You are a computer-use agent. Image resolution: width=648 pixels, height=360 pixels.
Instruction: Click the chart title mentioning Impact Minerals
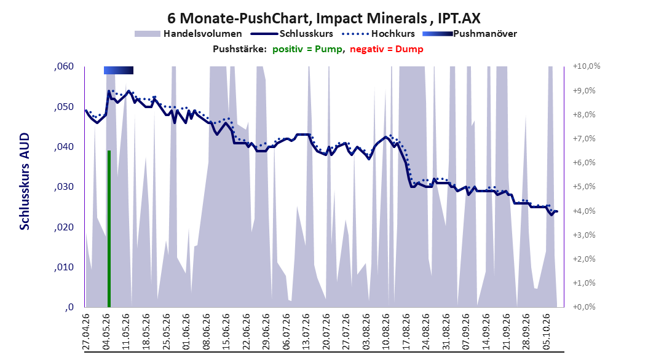click(323, 18)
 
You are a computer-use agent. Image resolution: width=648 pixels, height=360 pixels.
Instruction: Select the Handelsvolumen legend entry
click(188, 34)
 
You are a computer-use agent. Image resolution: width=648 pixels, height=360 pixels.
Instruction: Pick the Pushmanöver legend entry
click(470, 34)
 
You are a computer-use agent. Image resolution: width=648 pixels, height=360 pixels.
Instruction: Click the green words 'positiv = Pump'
click(307, 49)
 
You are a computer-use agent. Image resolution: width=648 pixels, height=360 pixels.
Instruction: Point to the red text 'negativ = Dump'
click(387, 49)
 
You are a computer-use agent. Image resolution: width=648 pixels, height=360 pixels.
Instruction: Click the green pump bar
click(109, 229)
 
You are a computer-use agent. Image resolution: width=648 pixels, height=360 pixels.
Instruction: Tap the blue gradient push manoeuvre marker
click(119, 70)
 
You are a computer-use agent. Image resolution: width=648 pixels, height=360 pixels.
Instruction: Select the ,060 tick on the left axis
click(64, 66)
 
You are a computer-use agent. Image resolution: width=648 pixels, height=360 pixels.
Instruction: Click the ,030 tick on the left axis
click(64, 187)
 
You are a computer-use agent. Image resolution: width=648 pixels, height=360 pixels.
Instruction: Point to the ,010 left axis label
click(64, 267)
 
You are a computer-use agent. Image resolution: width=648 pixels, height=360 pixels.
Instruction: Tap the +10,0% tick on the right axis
click(587, 66)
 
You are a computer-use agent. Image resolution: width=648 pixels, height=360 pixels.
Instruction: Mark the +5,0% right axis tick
click(584, 187)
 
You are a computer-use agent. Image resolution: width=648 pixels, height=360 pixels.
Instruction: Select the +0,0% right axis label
click(584, 307)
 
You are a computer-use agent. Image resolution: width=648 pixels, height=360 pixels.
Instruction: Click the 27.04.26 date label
click(86, 332)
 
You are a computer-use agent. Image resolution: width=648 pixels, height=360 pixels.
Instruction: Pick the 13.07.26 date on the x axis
click(306, 332)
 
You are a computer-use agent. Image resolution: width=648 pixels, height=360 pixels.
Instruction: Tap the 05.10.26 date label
click(546, 332)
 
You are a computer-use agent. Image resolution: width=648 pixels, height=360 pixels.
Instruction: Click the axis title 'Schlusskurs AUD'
click(25, 181)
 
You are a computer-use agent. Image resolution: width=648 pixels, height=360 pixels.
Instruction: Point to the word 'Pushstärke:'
click(240, 49)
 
